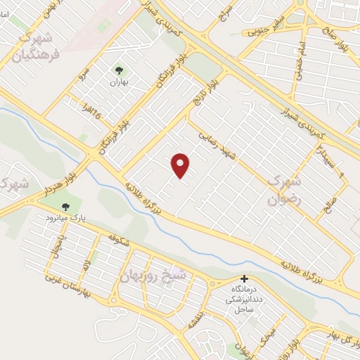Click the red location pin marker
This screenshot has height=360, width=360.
click(x=181, y=165)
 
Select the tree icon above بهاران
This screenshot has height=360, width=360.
click(x=117, y=70)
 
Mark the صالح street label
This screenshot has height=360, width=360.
click(x=328, y=205)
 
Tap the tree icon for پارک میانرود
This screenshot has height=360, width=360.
click(x=65, y=207)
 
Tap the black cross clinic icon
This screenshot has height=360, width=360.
click(x=245, y=278)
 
